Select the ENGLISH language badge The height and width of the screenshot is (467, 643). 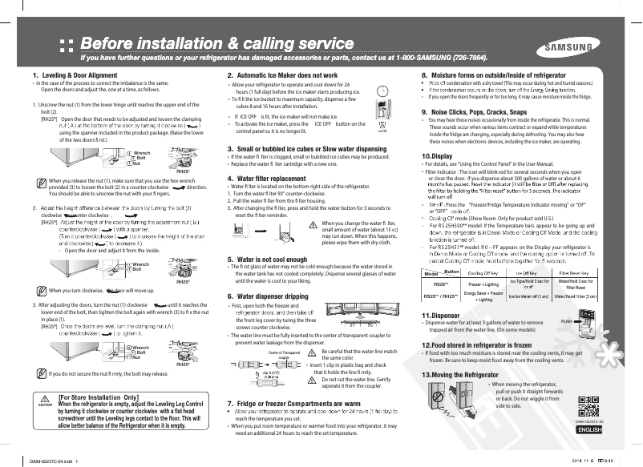pyautogui.click(x=588, y=429)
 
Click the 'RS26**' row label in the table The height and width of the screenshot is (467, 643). pyautogui.click(x=439, y=284)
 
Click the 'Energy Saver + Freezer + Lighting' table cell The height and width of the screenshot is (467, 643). pyautogui.click(x=483, y=296)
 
